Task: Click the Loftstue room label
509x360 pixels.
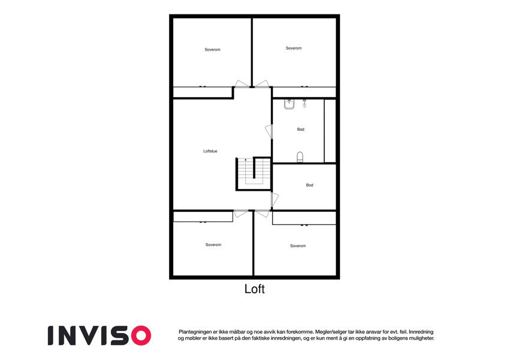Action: [x=210, y=151]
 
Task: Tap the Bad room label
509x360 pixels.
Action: [x=300, y=130]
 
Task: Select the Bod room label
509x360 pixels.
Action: [x=309, y=185]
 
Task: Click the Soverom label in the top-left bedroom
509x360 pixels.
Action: [x=212, y=50]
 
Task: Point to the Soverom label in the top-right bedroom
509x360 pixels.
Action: [x=293, y=48]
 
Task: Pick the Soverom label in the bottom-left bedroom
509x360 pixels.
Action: [x=213, y=245]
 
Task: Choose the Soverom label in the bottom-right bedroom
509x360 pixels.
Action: [x=298, y=246]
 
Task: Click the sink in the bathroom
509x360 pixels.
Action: [x=289, y=104]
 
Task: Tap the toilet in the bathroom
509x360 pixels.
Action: [x=300, y=157]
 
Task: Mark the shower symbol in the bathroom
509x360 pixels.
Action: [x=304, y=103]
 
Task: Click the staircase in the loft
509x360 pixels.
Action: [x=254, y=173]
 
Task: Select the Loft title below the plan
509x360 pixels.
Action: [x=254, y=289]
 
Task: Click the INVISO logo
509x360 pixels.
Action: [x=100, y=335]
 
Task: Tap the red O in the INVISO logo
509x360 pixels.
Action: [x=141, y=335]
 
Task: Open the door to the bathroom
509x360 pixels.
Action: [x=269, y=131]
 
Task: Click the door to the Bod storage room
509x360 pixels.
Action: [x=275, y=199]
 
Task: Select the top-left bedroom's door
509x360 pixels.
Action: [x=242, y=84]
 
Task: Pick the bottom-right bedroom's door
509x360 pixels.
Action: [x=262, y=214]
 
